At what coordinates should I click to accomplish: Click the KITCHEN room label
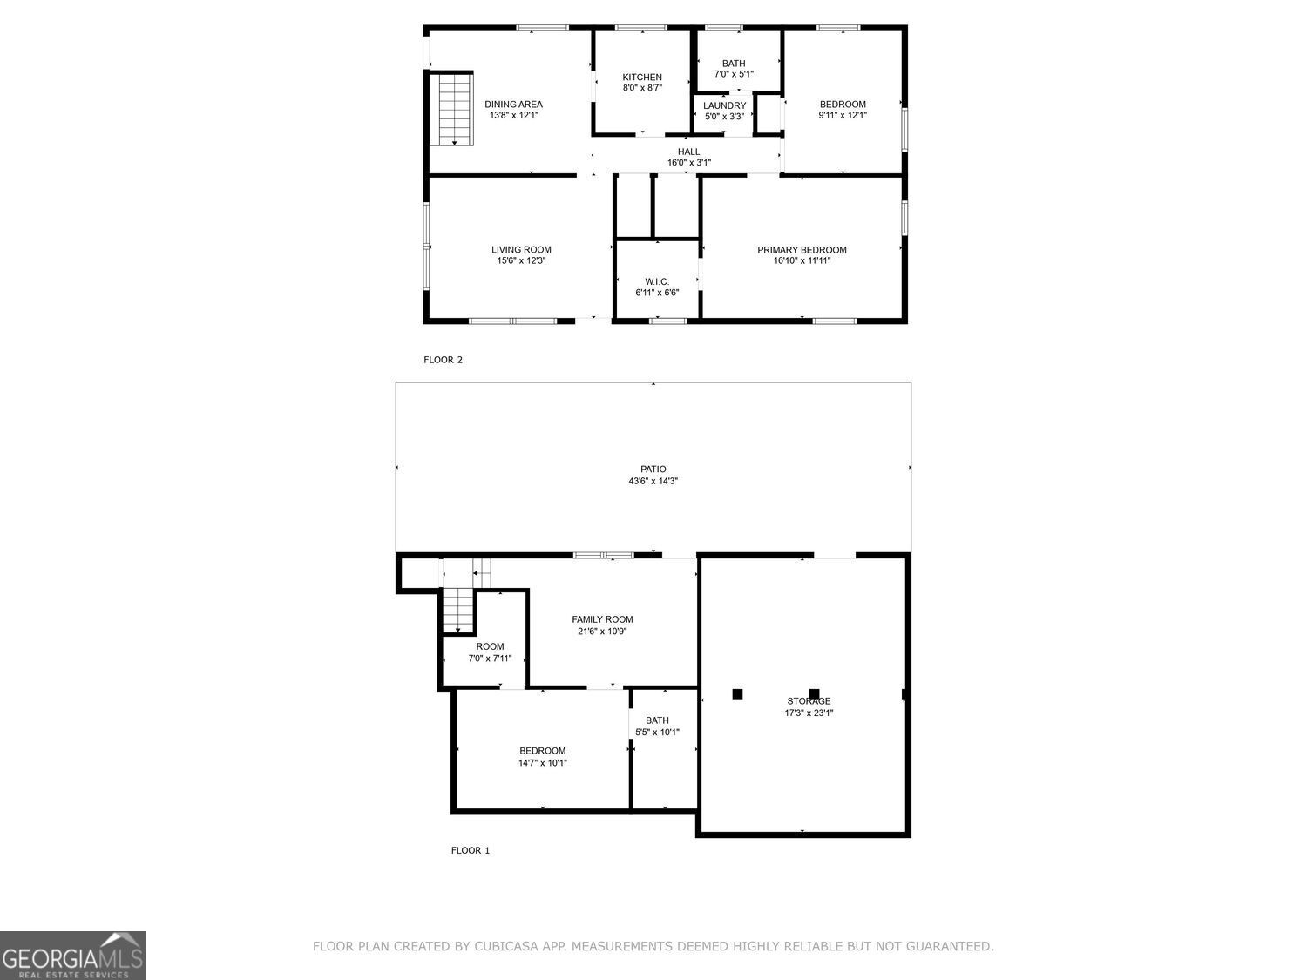(641, 78)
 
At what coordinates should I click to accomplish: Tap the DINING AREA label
(513, 105)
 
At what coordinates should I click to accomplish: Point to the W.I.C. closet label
(657, 281)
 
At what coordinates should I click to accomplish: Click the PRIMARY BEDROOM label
(802, 250)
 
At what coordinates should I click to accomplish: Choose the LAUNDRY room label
(724, 105)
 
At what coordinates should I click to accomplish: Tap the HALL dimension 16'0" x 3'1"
(688, 163)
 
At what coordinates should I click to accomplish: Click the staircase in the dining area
(454, 109)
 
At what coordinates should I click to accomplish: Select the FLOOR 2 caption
(443, 360)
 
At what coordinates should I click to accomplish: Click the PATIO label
(653, 470)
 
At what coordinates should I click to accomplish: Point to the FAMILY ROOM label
(602, 620)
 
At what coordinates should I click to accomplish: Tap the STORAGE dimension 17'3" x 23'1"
(809, 713)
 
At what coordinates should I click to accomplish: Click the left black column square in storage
(737, 694)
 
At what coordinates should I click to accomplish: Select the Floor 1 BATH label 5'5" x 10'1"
(657, 720)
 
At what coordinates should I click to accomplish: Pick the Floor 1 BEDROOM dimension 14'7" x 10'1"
(543, 763)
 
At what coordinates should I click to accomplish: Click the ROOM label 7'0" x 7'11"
(490, 646)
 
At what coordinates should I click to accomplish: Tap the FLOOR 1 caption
(470, 850)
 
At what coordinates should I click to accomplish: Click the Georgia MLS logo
(73, 956)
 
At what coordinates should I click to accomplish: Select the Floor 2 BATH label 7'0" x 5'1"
(734, 64)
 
